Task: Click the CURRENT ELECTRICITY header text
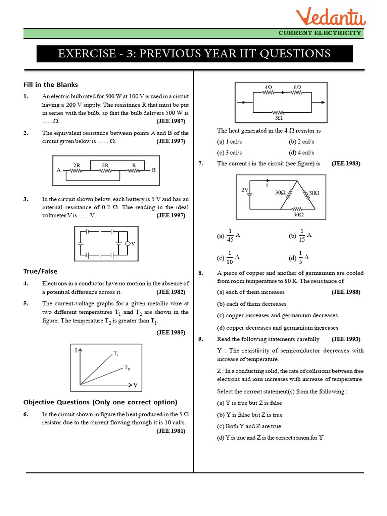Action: [320, 33]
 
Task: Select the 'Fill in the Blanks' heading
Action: [50, 84]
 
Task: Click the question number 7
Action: [201, 163]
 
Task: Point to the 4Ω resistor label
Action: [268, 87]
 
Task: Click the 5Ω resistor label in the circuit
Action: [278, 118]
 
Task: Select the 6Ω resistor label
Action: [297, 87]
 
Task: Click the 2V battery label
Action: [245, 190]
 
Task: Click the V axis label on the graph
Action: [135, 385]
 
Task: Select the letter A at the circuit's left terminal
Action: [59, 170]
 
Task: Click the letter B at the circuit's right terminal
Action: [154, 170]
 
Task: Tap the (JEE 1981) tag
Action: [171, 431]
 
